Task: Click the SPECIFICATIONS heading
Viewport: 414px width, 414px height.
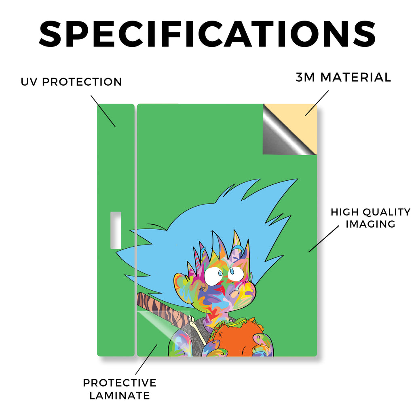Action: tap(207, 34)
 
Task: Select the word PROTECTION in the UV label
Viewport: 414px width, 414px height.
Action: tap(82, 82)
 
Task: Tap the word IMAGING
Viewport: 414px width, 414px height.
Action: tap(370, 224)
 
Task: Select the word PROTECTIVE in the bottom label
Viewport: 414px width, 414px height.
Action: tap(120, 383)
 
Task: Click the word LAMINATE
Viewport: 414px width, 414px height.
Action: tap(120, 395)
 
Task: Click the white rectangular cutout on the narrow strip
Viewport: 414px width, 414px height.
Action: tap(116, 230)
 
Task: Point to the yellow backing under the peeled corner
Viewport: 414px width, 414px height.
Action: tap(298, 119)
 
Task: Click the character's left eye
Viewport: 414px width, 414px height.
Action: tap(214, 276)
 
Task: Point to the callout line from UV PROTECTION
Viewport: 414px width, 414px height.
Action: tap(103, 111)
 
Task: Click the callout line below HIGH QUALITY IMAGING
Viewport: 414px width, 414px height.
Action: tap(324, 239)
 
